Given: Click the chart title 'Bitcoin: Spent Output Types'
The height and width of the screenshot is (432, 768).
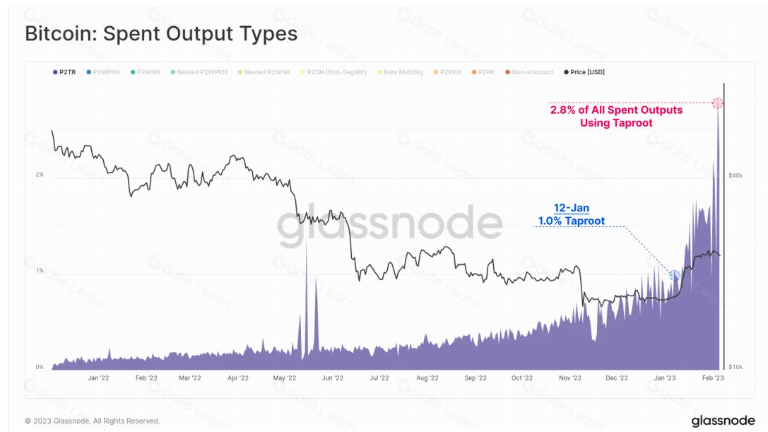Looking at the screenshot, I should tap(161, 33).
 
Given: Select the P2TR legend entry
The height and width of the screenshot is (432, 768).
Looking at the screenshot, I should tap(64, 72).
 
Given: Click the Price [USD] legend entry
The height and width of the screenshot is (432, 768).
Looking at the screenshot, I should tap(584, 72).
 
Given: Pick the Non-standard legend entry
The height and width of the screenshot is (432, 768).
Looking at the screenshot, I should tap(529, 72).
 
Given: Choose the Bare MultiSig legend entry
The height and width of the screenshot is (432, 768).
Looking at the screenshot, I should tap(403, 72).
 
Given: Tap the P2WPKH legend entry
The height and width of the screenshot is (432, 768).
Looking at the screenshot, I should tap(104, 72).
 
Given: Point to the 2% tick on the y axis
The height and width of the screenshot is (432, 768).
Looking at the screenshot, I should tap(40, 175).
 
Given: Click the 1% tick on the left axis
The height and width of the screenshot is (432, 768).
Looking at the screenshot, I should tap(40, 271).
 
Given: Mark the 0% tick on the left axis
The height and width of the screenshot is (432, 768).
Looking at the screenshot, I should tap(40, 367).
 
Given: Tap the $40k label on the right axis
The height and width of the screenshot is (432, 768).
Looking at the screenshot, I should tap(735, 175).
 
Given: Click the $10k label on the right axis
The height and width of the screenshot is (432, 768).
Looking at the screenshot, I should tap(735, 367).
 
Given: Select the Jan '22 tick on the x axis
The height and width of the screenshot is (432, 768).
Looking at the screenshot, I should tap(98, 378).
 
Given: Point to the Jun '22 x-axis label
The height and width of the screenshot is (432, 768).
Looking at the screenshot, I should tap(332, 378).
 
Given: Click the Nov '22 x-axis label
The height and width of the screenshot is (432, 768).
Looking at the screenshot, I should tap(569, 378).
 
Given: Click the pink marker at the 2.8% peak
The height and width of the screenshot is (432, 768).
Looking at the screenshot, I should tap(717, 103).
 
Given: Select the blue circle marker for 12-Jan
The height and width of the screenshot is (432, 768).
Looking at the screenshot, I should tap(674, 275).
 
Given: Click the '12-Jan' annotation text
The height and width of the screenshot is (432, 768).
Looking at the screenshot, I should tap(571, 209).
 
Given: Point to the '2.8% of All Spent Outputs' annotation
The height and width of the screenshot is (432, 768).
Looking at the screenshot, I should tap(616, 110).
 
